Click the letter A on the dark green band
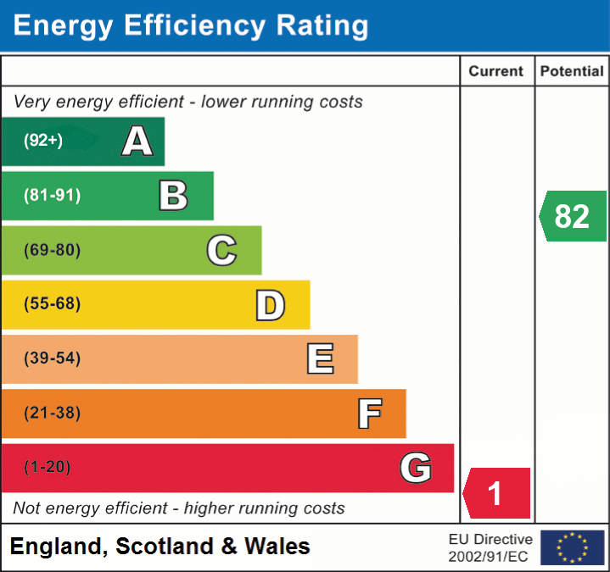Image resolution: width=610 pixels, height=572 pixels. coord(137,141)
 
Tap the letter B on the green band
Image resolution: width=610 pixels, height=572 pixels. coord(173,196)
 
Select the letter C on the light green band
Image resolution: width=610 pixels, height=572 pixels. coord(221,250)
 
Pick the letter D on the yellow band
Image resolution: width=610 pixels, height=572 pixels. coord(270,305)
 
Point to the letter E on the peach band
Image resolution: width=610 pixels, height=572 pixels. coord(320,359)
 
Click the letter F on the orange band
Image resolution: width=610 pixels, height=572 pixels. coord(369,414)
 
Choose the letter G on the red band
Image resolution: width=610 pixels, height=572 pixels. coord(416,468)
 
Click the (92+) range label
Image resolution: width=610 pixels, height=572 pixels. coord(43,141)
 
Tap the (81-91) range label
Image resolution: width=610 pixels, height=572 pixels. coord(53,196)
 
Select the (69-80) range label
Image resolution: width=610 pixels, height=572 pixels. coord(53,250)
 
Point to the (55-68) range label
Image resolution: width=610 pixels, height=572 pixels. coord(53,304)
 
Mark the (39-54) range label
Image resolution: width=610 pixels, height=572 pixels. coord(53,358)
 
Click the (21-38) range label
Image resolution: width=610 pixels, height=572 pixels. coord(53,413)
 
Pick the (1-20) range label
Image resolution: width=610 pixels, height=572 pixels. coord(48,467)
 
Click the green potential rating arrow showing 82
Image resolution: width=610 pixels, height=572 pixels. coord(573,216)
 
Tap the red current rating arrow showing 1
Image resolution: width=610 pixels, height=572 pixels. coord(496,493)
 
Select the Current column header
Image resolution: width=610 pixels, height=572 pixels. coord(496,72)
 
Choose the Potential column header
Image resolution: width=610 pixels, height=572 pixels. coord(572,72)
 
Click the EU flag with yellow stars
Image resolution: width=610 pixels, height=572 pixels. coord(572,547)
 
